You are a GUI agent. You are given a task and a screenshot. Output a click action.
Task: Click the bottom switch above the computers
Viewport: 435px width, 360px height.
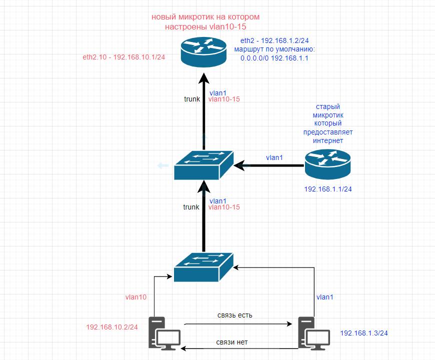coord(203,266)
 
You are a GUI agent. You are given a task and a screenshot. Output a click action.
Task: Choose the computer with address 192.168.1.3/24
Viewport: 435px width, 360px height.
coord(314,332)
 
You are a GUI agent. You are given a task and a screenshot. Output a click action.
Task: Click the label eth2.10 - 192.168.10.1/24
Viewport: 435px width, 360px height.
coord(124,57)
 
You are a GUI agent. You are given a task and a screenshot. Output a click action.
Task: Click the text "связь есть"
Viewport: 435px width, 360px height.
coord(235,315)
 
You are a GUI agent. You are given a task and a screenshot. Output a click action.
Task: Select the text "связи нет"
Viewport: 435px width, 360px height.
coord(232,342)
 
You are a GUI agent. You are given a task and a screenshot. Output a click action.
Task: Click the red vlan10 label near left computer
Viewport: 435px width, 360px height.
coord(136,297)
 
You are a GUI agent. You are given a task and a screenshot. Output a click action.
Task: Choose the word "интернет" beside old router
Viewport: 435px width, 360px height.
coord(328,140)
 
